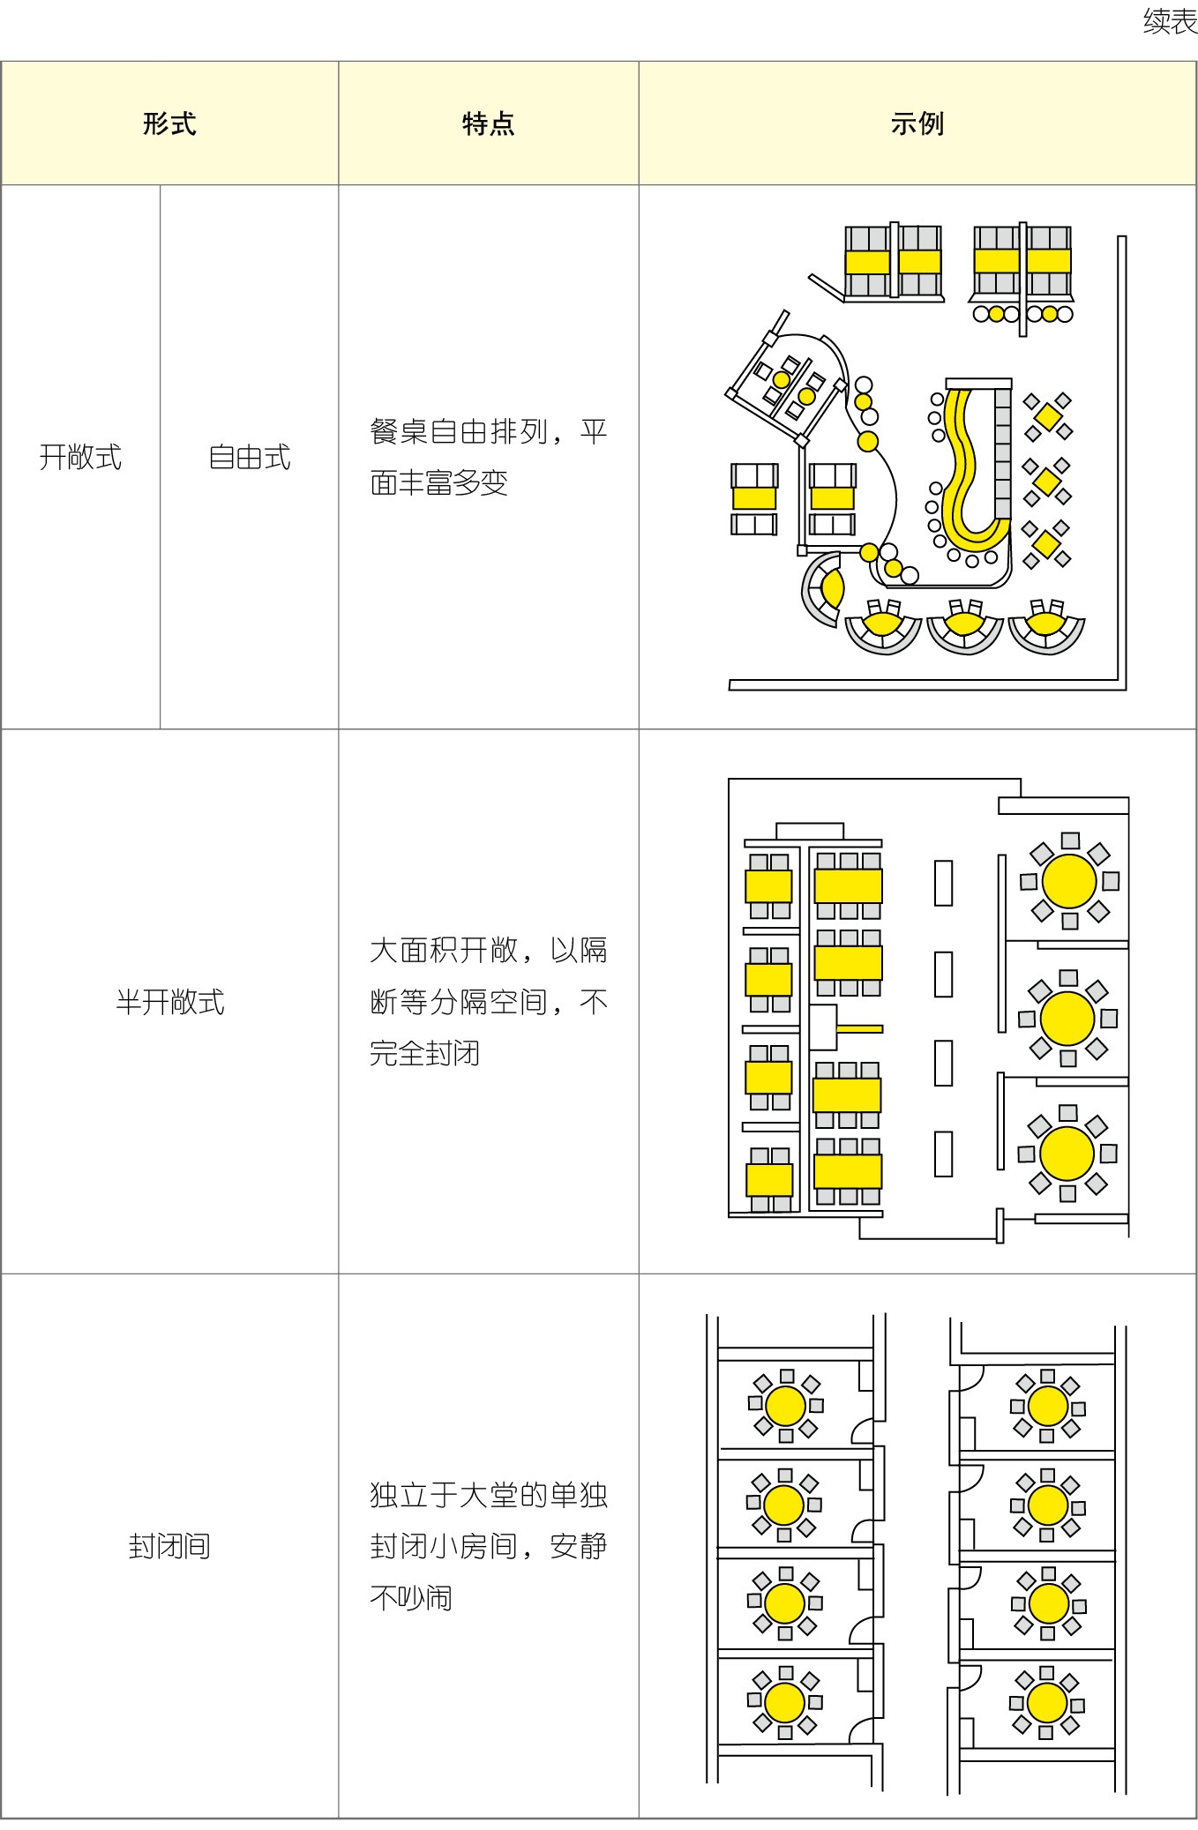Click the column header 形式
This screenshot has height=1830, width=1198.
[169, 123]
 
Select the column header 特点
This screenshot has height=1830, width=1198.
[488, 123]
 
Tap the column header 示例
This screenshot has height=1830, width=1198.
[917, 123]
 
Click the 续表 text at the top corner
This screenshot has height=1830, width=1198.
[1170, 21]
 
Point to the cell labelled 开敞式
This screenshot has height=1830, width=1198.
[80, 457]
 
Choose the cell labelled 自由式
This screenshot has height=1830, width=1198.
[250, 457]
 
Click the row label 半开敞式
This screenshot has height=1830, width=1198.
[170, 1002]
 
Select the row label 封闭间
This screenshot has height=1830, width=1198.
[169, 1546]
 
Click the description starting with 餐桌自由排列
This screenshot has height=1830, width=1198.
[489, 457]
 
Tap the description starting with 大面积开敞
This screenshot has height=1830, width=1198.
[489, 1002]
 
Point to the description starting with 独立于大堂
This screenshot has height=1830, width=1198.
[489, 1546]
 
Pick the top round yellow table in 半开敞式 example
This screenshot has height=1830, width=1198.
[1069, 880]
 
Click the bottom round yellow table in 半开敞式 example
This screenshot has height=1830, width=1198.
[1067, 1153]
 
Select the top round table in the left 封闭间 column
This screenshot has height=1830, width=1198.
[785, 1406]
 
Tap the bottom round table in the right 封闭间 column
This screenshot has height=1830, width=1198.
[1047, 1701]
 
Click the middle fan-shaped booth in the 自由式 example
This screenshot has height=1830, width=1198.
[965, 625]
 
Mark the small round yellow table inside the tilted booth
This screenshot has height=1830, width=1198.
[781, 380]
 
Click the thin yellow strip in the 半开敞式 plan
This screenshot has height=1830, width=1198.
[859, 1028]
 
